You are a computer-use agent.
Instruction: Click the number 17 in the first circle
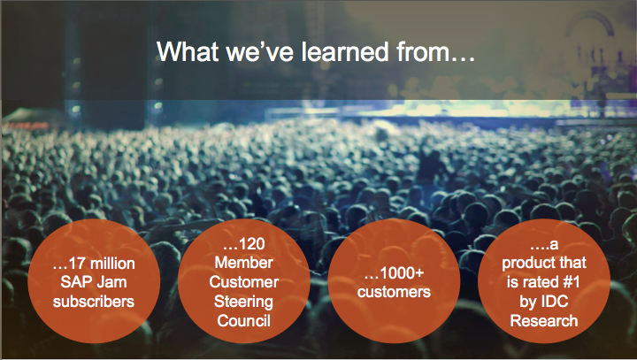coord(77,264)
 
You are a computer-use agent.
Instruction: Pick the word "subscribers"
coord(94,302)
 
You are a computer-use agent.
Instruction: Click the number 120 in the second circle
coord(252,244)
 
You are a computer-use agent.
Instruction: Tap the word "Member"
coord(244,263)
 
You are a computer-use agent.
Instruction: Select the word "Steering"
coord(244,302)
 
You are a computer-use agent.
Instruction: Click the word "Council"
coord(244,320)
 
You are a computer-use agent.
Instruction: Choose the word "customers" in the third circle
coord(394,292)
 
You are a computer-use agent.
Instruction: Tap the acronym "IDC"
coord(555,302)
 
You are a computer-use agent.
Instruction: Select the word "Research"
coord(544,320)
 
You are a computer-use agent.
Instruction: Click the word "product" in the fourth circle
coord(525,263)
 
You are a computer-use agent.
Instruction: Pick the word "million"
coord(111,264)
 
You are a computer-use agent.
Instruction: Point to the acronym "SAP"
coord(74,282)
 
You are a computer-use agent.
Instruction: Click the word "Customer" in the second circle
coord(244,282)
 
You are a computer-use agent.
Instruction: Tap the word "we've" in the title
coord(259,51)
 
